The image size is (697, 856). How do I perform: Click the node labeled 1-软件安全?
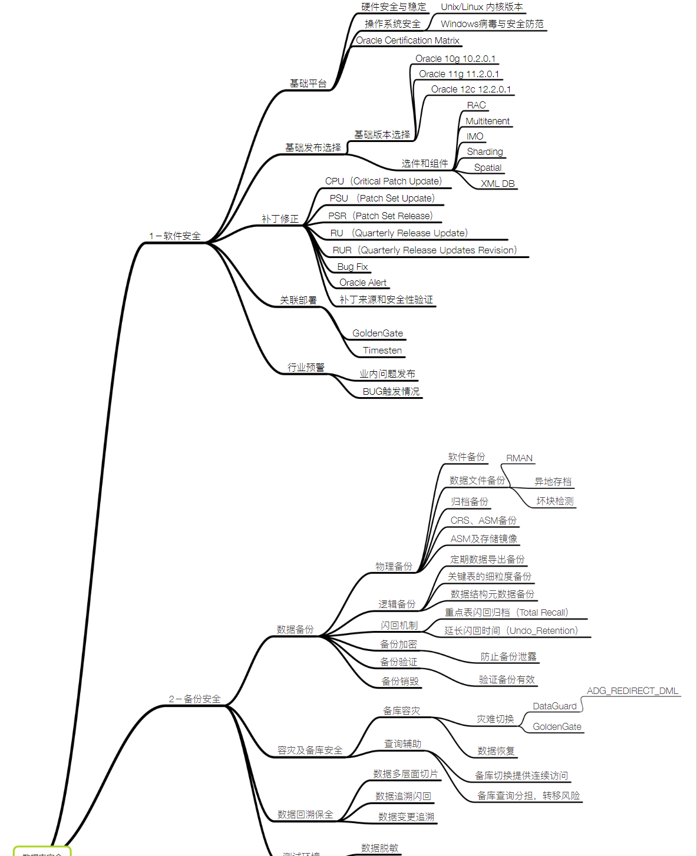pyautogui.click(x=175, y=236)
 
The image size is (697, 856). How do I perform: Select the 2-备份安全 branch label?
pyautogui.click(x=195, y=699)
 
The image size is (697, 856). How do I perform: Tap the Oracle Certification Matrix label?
pyautogui.click(x=408, y=41)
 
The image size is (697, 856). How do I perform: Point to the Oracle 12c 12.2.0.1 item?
pyautogui.click(x=471, y=90)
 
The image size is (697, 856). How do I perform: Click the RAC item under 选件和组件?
pyautogui.click(x=476, y=105)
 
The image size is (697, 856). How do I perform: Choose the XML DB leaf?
pyautogui.click(x=497, y=184)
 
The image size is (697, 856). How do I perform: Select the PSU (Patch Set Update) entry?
pyautogui.click(x=382, y=199)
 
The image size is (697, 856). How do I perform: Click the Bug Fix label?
pyautogui.click(x=352, y=267)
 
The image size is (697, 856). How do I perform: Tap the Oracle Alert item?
pyautogui.click(x=363, y=283)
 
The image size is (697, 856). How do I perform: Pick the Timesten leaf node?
pyautogui.click(x=382, y=351)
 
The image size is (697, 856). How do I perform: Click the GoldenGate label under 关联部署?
pyautogui.click(x=378, y=333)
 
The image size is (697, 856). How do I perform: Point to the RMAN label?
pyautogui.click(x=519, y=458)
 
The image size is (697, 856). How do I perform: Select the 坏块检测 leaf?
pyautogui.click(x=554, y=501)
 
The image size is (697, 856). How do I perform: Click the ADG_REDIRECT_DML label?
pyautogui.click(x=632, y=691)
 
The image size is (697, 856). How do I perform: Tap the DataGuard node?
pyautogui.click(x=554, y=706)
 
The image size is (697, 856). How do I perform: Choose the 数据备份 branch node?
pyautogui.click(x=295, y=630)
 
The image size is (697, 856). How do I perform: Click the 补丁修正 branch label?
pyautogui.click(x=280, y=219)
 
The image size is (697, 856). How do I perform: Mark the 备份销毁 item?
pyautogui.click(x=400, y=682)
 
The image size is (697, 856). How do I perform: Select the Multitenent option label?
pyautogui.click(x=487, y=121)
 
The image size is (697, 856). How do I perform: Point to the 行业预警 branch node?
pyautogui.click(x=306, y=368)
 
